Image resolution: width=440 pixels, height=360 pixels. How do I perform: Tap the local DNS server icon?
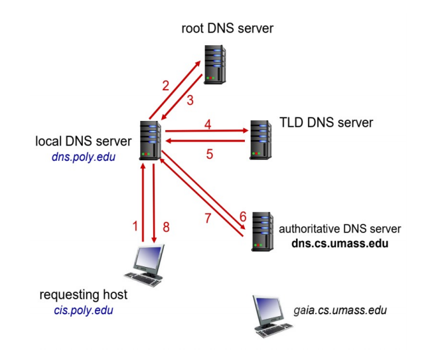151,140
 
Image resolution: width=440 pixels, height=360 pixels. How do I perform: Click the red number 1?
135,226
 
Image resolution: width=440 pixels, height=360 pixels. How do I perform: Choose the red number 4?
208,124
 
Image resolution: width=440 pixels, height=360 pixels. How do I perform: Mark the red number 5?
208,154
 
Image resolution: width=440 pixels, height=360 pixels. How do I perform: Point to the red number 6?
242,216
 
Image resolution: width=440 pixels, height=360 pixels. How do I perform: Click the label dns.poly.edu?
79,157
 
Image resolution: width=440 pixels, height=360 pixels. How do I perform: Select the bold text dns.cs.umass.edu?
340,243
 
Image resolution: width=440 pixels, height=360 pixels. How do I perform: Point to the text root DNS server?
227,29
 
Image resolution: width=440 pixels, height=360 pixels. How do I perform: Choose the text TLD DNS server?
327,122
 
